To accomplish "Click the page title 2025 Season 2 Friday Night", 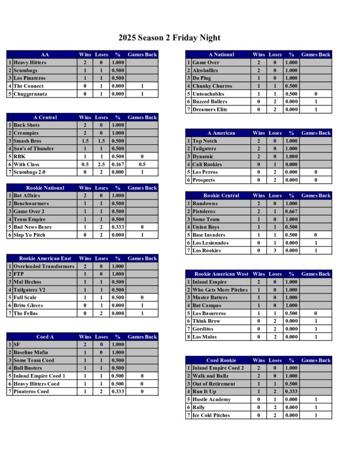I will coord(169,38).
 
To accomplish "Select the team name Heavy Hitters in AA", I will coord(30,62).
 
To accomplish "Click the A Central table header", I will coord(45,117).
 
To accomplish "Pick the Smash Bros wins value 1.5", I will coord(85,141).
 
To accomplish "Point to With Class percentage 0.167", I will coord(117,164).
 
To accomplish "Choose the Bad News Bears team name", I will coord(32,227).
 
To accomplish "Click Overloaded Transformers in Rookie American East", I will coord(44,266).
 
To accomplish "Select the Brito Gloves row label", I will coord(28,305).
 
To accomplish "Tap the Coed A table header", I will coord(45,337).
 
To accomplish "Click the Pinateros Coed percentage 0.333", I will coord(117,391).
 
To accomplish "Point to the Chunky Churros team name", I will coord(212,86).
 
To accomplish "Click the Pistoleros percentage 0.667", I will coord(291,212).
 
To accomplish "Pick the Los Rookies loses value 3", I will coord(275,251).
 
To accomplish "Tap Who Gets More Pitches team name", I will coord(220,290).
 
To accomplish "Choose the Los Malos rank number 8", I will coord(188,337).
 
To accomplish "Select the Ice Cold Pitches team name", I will coord(211,415).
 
